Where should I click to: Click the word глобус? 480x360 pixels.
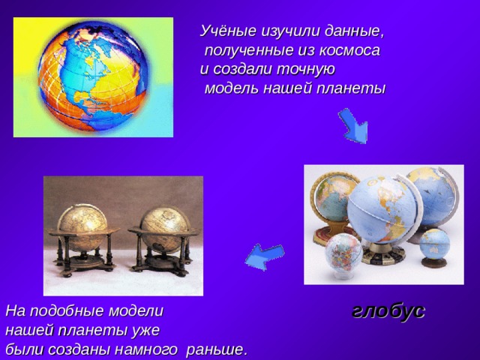point(388,310)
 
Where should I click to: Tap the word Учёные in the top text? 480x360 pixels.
point(227,31)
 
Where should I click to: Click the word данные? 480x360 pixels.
point(354,31)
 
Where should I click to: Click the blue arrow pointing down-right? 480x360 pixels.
point(352,126)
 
